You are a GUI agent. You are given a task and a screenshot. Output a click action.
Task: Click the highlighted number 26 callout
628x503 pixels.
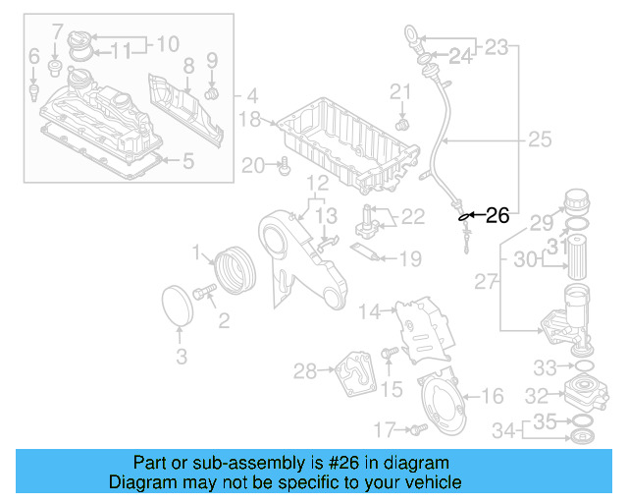point(497,215)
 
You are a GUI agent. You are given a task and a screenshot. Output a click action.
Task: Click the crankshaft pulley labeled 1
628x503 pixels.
point(234,271)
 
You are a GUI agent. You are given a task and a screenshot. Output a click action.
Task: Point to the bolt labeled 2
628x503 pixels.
point(206,292)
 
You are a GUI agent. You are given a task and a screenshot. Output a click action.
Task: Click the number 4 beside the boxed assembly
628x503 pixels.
point(252,96)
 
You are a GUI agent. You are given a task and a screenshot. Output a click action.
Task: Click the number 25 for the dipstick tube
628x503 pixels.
point(540,140)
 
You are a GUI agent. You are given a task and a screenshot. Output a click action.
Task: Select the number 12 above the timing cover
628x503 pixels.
point(316,183)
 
